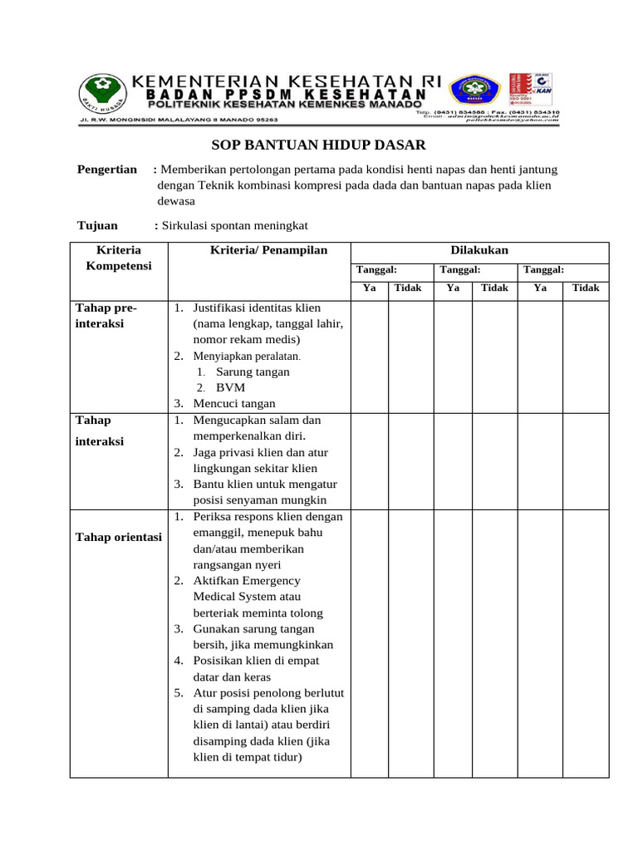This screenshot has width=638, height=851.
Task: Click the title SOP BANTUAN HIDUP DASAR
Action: [318, 145]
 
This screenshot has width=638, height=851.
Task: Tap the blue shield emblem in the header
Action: [474, 92]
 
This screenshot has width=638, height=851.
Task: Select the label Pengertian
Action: [107, 170]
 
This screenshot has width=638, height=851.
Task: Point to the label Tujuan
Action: [97, 225]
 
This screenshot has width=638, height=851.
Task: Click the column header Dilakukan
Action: [479, 250]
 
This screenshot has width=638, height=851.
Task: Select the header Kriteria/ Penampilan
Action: [258, 250]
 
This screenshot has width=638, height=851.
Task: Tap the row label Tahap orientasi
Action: [119, 537]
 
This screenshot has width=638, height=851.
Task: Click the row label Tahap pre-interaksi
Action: [106, 316]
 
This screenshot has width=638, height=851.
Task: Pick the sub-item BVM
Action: [230, 387]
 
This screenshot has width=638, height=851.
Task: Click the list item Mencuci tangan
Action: [234, 404]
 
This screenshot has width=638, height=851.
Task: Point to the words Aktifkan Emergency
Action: [247, 580]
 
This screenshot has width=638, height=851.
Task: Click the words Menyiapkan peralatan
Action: [246, 356]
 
